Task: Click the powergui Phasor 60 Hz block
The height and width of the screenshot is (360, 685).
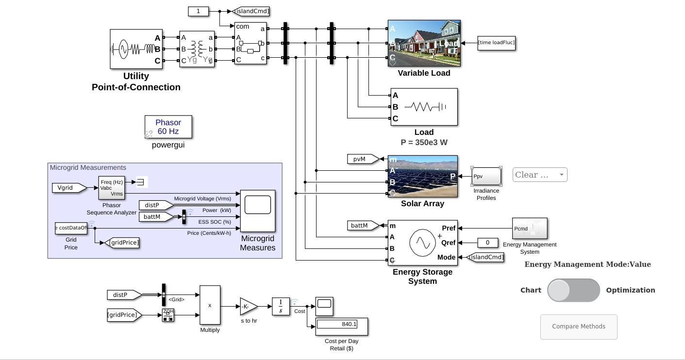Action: pos(168,127)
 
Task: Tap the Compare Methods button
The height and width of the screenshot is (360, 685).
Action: pos(578,327)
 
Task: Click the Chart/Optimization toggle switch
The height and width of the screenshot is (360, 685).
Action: pos(573,290)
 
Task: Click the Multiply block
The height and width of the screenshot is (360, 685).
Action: pos(210,305)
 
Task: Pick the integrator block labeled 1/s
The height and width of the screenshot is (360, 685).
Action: pos(281,306)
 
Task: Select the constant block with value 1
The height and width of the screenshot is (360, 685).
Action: pos(198,11)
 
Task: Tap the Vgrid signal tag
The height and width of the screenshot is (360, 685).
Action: pos(68,187)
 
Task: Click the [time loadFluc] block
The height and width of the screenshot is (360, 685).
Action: pos(496,43)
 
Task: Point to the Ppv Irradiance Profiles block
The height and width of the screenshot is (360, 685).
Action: pos(486,176)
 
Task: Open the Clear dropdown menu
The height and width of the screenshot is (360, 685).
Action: pos(539,175)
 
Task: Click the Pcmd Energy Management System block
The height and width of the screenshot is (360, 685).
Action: pos(530,229)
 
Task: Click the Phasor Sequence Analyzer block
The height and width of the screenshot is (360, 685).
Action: pos(111,188)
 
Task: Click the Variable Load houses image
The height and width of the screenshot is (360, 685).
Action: pos(424,43)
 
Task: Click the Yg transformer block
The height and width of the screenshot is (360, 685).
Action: pos(197,49)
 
